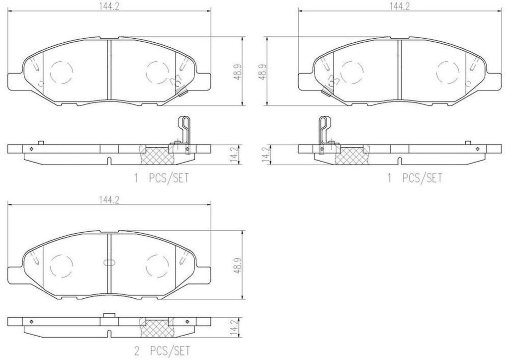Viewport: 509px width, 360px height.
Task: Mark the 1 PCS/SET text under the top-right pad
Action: click(x=415, y=178)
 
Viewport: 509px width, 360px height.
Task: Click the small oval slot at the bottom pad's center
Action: click(x=109, y=262)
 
